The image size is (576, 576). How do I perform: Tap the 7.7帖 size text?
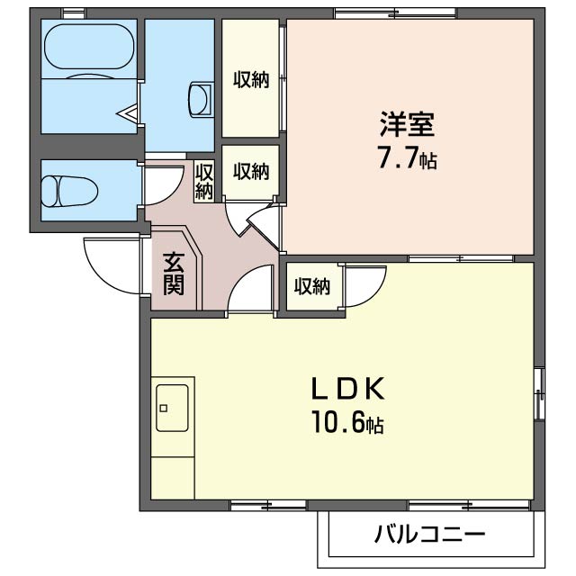click(x=407, y=160)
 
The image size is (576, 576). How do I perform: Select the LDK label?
click(x=348, y=389)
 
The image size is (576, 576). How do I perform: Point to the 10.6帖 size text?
click(x=348, y=423)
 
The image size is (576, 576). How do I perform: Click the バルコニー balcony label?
click(x=429, y=535)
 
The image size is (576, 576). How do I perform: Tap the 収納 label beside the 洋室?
click(x=252, y=79)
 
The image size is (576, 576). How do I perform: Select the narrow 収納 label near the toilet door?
click(x=204, y=180)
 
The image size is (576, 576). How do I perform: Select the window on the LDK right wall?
click(x=538, y=393)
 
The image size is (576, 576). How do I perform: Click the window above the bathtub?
click(x=73, y=12)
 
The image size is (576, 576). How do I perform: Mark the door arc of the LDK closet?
click(x=362, y=285)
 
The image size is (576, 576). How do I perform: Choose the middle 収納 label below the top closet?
click(x=252, y=170)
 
